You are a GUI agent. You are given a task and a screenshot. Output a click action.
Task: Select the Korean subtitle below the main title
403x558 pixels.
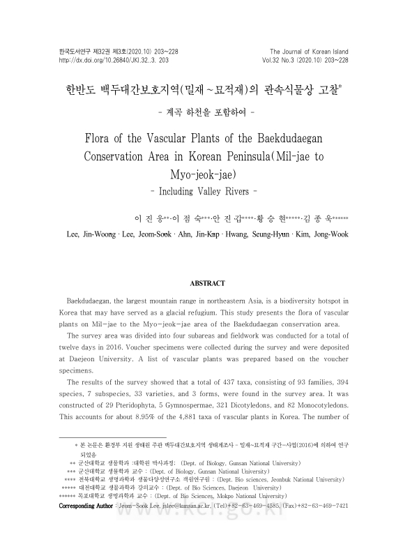201,111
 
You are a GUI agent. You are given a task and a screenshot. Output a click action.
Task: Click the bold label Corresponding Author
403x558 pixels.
86,505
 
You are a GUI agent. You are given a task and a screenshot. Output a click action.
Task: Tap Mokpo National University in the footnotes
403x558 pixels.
243,496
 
